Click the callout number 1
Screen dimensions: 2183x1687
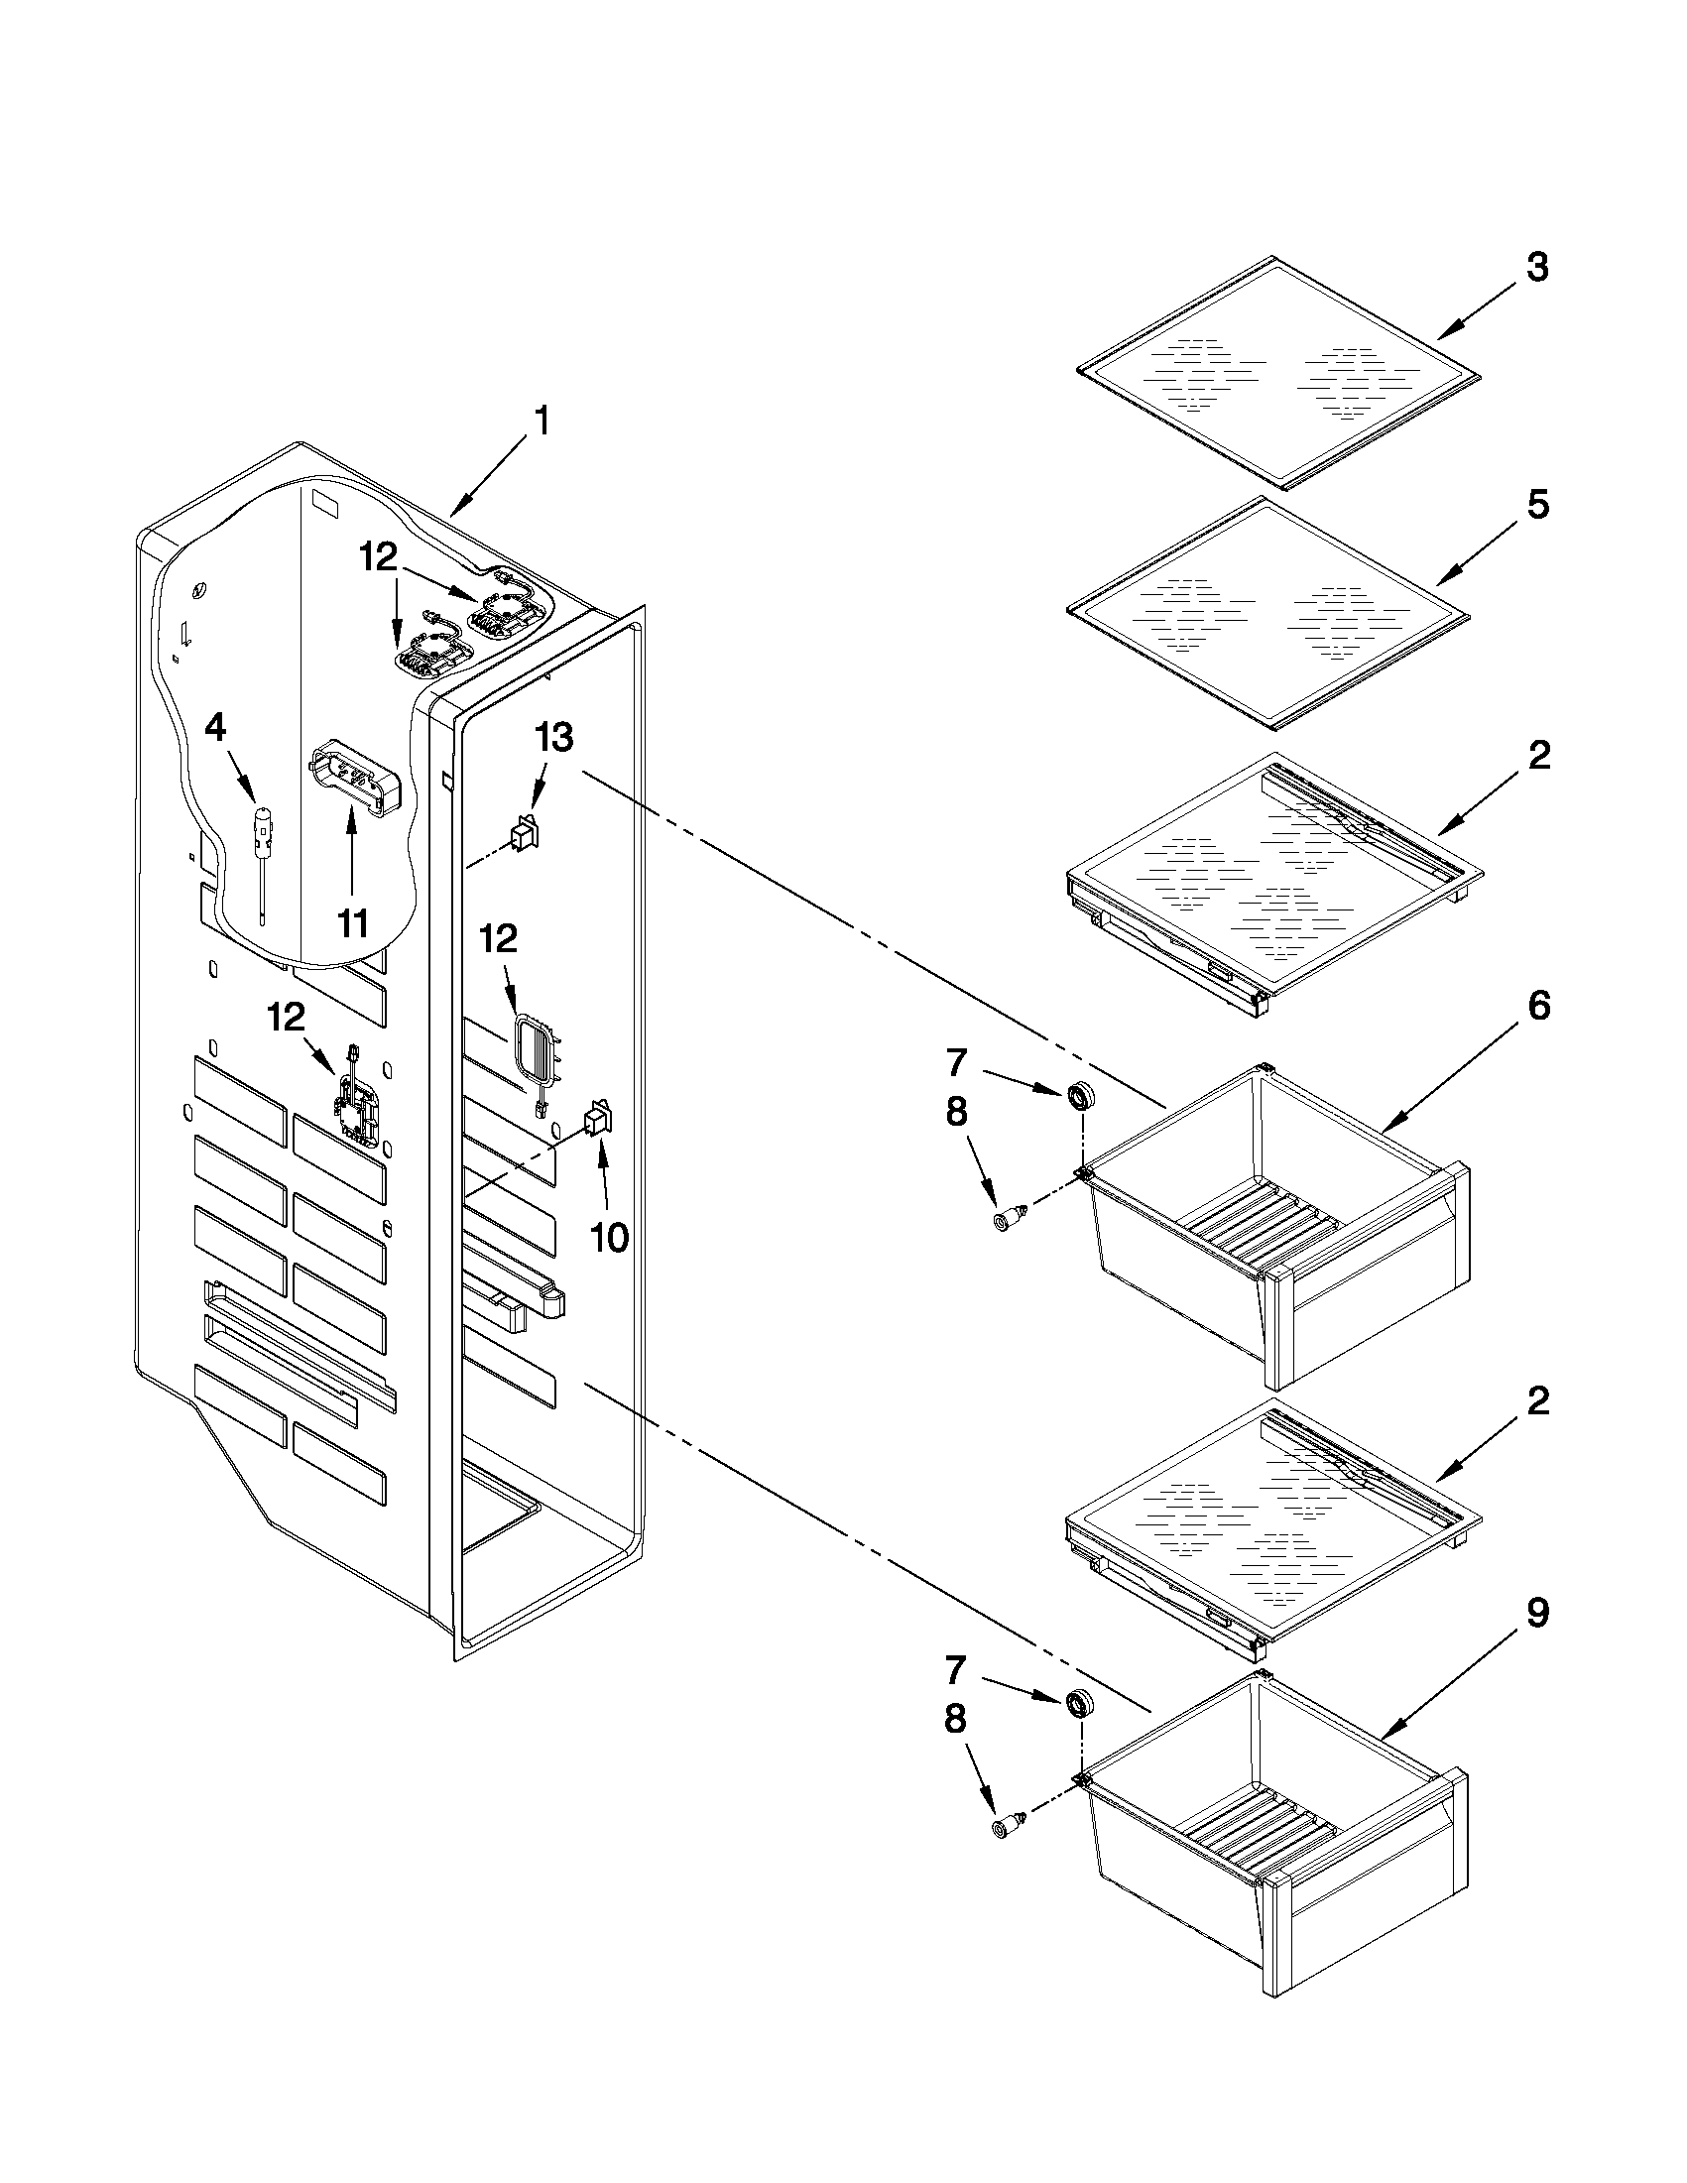click(x=541, y=421)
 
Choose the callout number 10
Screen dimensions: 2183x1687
click(x=609, y=1238)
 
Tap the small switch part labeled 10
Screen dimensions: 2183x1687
click(x=598, y=1119)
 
